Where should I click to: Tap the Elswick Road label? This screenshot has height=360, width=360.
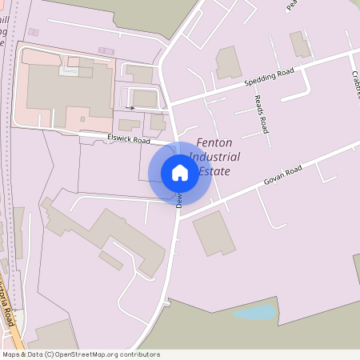[129, 139]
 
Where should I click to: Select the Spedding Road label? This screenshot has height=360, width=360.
[270, 77]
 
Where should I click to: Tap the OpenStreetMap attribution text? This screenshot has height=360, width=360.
[80, 354]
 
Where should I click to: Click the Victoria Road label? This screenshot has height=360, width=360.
[7, 308]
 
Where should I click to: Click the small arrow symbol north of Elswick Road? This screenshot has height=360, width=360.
[130, 107]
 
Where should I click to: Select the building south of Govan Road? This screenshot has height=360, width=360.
[214, 233]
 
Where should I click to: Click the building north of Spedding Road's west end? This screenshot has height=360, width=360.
[229, 62]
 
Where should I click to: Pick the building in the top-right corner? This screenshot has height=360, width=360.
[301, 44]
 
